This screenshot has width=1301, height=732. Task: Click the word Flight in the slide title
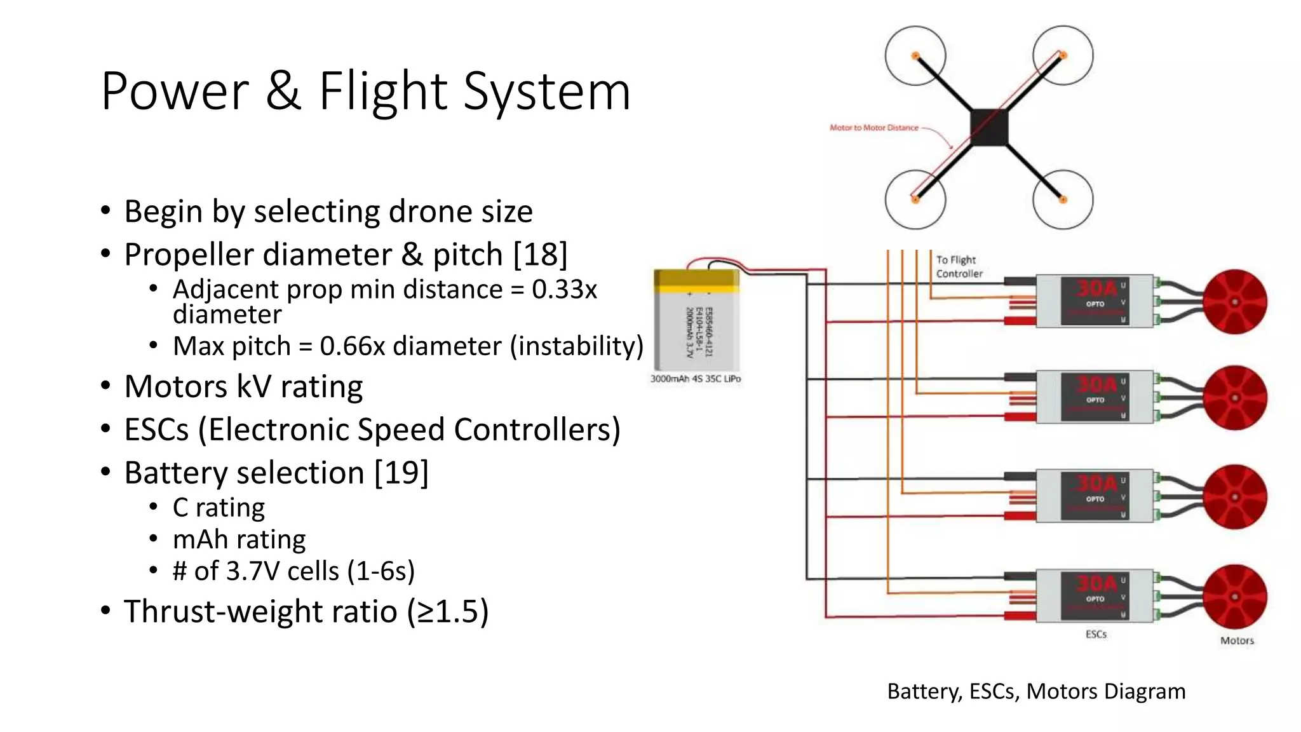(x=382, y=91)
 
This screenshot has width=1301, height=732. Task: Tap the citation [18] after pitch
(x=540, y=254)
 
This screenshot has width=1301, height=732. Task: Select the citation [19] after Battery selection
(x=401, y=473)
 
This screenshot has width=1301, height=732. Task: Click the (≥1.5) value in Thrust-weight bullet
(x=448, y=611)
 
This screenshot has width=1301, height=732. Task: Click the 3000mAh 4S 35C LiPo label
(x=695, y=379)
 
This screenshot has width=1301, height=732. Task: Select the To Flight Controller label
(x=959, y=267)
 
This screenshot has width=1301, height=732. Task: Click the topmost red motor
(x=1234, y=302)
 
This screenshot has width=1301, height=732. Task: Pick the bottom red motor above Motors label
(x=1234, y=597)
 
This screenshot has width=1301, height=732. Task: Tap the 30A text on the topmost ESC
(x=1096, y=288)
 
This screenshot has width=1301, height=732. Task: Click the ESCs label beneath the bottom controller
(x=1096, y=634)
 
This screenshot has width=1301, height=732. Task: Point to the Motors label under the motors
(x=1237, y=640)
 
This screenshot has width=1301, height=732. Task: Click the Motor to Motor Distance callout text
(x=873, y=128)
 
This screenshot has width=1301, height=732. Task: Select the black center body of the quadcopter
(x=989, y=127)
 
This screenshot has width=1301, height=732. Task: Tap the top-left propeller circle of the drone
(x=915, y=56)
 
